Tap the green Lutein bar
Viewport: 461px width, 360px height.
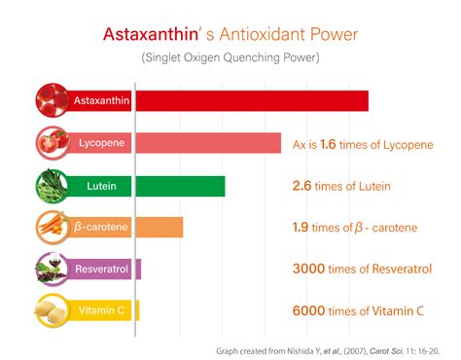(180, 185)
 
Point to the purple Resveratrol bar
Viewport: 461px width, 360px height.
(137, 269)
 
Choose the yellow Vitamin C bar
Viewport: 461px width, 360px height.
(137, 310)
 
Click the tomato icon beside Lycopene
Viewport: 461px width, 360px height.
(51, 143)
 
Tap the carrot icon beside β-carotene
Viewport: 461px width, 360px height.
(51, 227)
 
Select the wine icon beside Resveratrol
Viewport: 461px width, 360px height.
(51, 269)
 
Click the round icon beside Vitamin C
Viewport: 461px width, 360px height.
(51, 310)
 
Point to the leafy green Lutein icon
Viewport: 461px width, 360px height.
(51, 185)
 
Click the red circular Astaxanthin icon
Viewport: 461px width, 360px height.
(51, 100)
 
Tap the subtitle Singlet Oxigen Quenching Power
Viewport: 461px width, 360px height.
(230, 57)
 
